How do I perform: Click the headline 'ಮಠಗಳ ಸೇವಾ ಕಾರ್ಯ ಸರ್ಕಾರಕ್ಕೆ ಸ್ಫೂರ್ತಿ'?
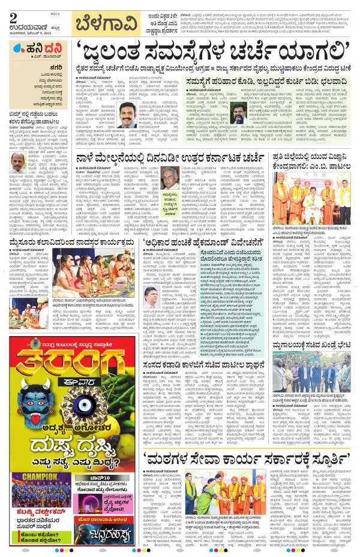click(x=246, y=443)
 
